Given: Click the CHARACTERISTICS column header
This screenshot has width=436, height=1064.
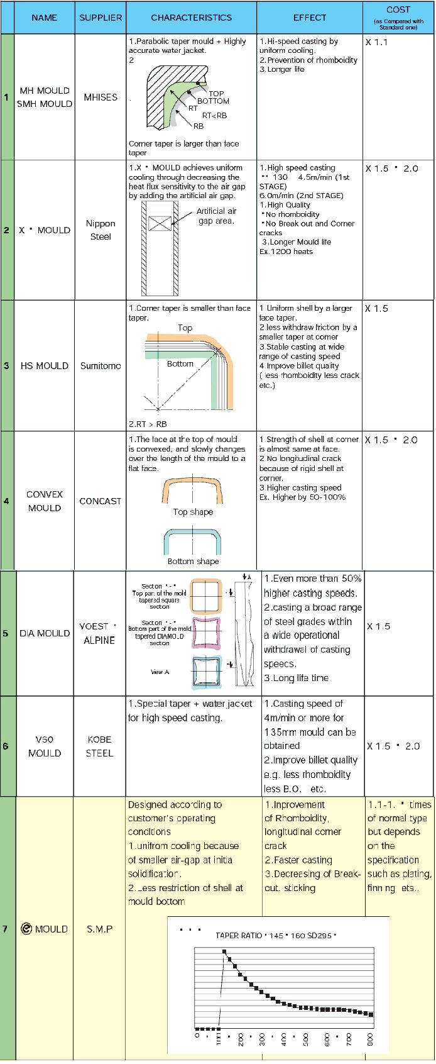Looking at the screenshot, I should point(191,18).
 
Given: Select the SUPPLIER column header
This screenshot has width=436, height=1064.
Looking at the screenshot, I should point(101,18).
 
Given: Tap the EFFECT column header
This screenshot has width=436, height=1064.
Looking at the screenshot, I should point(309,18).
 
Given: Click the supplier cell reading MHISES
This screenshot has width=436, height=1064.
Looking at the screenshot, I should point(101,97).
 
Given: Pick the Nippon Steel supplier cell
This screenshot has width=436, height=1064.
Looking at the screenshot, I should point(101,230).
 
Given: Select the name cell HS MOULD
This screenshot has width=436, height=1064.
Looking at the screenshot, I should point(44,366).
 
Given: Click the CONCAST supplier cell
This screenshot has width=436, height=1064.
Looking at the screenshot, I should point(101,501).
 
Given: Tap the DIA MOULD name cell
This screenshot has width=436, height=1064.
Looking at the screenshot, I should point(44,633).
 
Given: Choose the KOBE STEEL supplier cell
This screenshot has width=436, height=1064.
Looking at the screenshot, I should point(99,746).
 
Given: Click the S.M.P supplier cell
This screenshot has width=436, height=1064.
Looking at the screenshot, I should point(99,929).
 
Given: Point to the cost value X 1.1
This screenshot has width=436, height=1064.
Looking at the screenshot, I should point(377,42).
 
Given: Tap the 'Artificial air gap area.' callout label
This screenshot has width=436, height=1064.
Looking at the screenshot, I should point(215,216).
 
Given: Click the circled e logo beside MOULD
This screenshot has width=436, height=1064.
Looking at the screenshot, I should point(26,929).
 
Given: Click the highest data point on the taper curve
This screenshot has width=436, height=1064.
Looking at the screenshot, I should point(224,951).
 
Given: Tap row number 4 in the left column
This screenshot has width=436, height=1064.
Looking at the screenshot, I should point(6,501).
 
